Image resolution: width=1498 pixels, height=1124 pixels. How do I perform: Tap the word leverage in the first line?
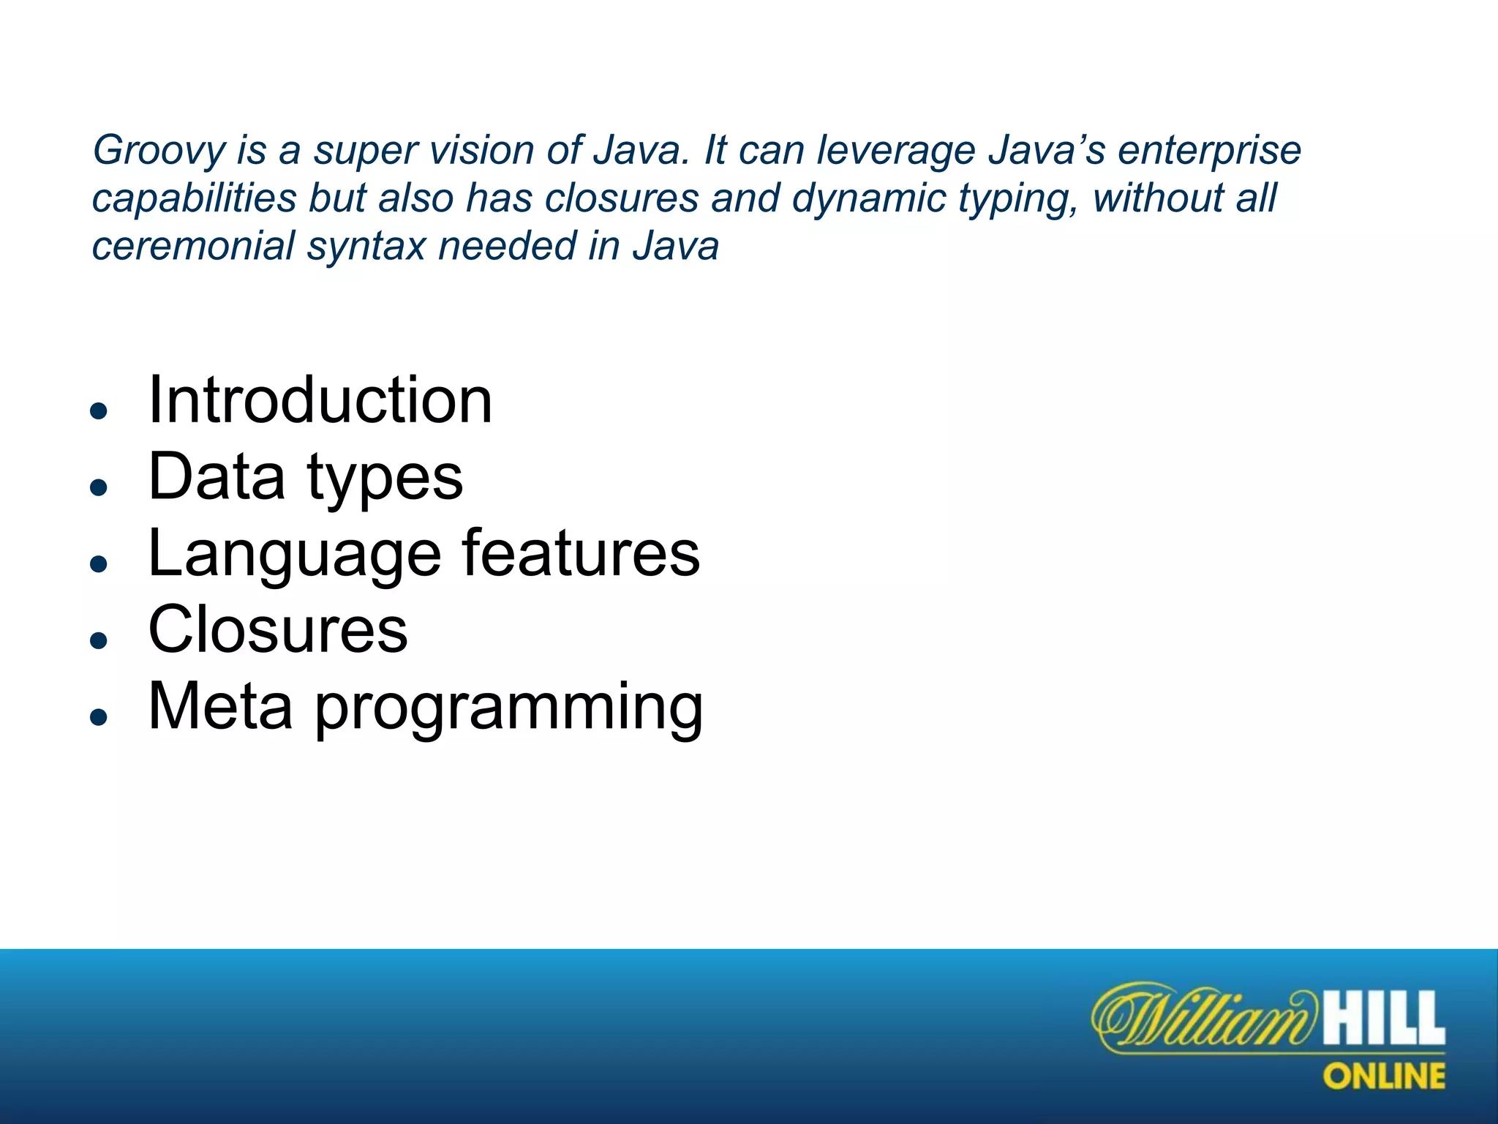pyautogui.click(x=896, y=150)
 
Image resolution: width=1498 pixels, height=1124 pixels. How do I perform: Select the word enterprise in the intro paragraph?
pyautogui.click(x=1209, y=151)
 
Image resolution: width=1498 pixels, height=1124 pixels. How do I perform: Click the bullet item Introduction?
pyautogui.click(x=320, y=400)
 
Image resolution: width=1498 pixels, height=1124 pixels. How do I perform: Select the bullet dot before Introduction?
pyautogui.click(x=99, y=411)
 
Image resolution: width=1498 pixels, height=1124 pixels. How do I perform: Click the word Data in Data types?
pyautogui.click(x=216, y=476)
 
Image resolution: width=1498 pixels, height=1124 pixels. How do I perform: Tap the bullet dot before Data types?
pyautogui.click(x=99, y=487)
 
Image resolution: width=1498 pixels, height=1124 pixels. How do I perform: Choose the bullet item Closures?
pyautogui.click(x=277, y=630)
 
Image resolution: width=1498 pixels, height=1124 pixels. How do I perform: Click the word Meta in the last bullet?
pyautogui.click(x=220, y=707)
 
